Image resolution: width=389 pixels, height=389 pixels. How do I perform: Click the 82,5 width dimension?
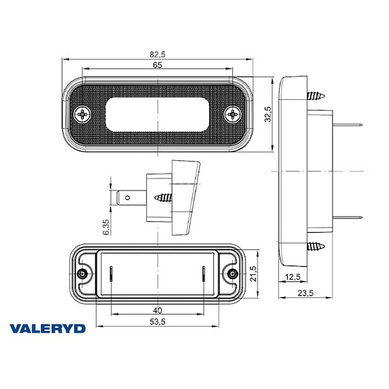tap(158, 53)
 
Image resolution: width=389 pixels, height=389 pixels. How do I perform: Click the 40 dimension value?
tap(157, 310)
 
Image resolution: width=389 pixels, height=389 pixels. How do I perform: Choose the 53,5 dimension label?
tap(157, 322)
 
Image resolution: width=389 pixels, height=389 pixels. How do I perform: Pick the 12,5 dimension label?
tap(292, 277)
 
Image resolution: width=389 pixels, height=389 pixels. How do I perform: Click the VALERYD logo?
tap(58, 328)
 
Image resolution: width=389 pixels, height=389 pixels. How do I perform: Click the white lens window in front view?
tap(158, 113)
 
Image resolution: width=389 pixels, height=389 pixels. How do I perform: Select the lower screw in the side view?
tap(316, 247)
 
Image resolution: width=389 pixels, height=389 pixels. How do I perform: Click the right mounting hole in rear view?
tap(233, 275)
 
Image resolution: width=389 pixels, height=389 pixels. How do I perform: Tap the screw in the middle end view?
tap(164, 198)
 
